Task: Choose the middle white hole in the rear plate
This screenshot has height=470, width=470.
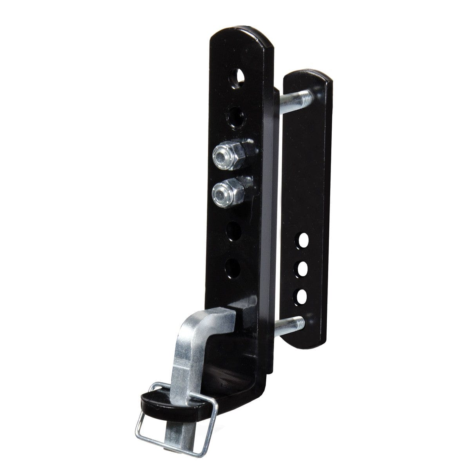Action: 302,269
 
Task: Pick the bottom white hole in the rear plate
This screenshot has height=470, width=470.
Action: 302,296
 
